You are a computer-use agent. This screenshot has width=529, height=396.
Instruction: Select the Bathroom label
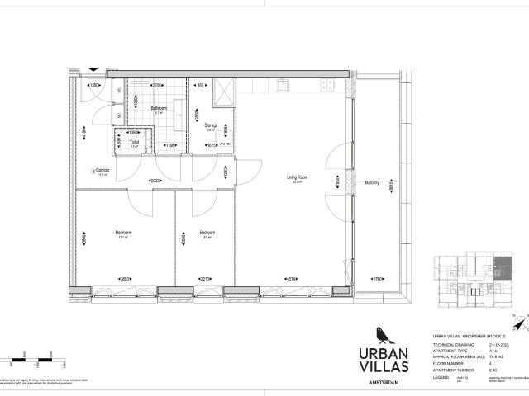point(160,109)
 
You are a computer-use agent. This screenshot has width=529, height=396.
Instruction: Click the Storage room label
point(211,125)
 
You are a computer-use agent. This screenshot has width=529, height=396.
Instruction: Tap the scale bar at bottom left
point(25,361)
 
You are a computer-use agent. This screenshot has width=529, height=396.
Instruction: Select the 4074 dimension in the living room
point(291,278)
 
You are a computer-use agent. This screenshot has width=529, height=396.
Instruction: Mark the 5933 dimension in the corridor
point(155,181)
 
